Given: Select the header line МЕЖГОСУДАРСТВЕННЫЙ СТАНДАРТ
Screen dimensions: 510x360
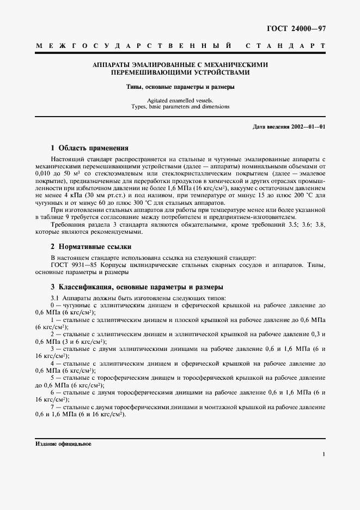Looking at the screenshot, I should pyautogui.click(x=180, y=47).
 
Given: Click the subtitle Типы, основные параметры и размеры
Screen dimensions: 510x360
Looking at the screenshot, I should pyautogui.click(x=180, y=87).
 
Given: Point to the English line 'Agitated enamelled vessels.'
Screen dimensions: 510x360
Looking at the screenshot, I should pyautogui.click(x=180, y=100).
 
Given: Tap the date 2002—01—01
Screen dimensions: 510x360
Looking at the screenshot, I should pyautogui.click(x=310, y=126).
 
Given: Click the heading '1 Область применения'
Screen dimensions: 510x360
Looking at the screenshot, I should pyautogui.click(x=89, y=148).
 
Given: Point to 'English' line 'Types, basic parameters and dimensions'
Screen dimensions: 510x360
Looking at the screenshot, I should pyautogui.click(x=180, y=107).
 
